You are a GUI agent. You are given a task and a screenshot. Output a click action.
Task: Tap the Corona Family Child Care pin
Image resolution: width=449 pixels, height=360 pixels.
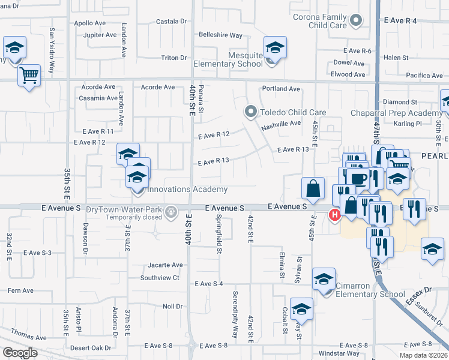pyautogui.click(x=356, y=21)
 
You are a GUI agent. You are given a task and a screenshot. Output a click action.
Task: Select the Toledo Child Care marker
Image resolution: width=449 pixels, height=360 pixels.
pyautogui.click(x=250, y=112)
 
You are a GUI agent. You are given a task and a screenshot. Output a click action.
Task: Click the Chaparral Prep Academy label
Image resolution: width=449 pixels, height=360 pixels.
pyautogui.click(x=406, y=113)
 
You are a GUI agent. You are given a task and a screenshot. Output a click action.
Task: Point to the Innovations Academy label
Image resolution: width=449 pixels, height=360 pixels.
pyautogui.click(x=187, y=190)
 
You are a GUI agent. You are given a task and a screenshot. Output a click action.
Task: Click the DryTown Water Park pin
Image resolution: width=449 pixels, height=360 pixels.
pyautogui.click(x=171, y=211)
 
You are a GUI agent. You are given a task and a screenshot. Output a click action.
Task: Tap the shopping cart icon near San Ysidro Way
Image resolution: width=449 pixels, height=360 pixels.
pyautogui.click(x=28, y=76)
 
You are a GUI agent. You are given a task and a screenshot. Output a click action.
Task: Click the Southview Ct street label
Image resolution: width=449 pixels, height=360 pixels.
pyautogui.click(x=160, y=278)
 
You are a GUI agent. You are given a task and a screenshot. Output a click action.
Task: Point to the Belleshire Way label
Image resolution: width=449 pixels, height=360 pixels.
pyautogui.click(x=220, y=35)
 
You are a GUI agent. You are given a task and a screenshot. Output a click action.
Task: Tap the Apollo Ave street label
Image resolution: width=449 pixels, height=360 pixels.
pyautogui.click(x=89, y=23)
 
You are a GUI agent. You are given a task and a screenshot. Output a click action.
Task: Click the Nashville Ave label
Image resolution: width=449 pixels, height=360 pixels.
pyautogui.click(x=280, y=124)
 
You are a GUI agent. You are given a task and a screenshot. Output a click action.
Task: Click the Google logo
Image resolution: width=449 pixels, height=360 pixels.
pyautogui.click(x=20, y=353)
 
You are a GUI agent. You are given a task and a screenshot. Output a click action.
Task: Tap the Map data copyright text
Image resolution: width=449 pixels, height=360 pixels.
pyautogui.click(x=423, y=355)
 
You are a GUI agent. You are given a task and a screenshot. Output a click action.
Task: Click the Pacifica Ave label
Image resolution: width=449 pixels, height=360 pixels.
pyautogui.click(x=424, y=76)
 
